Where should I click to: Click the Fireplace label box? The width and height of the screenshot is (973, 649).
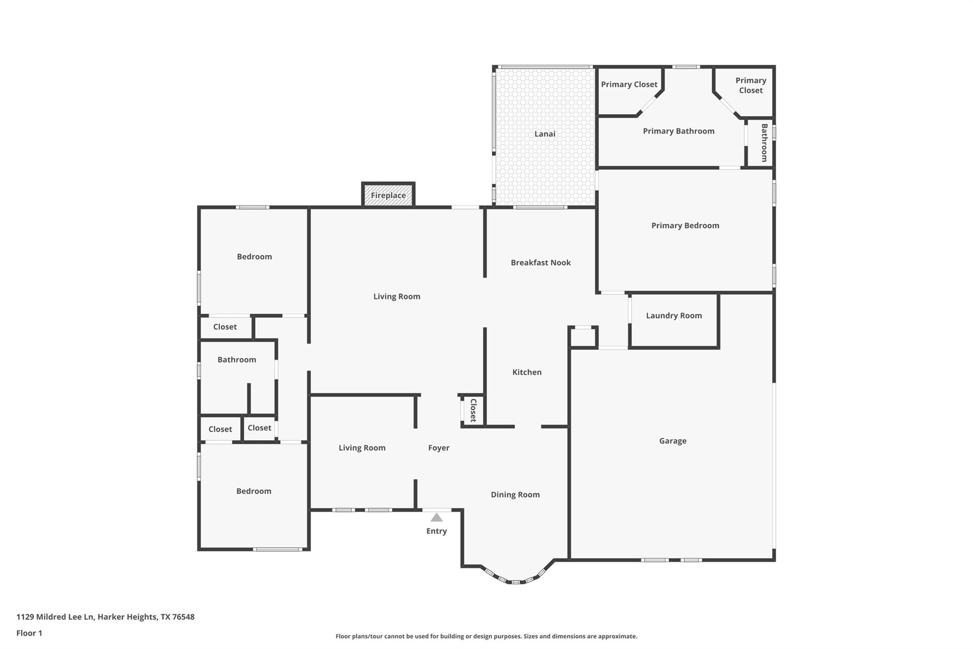(x=388, y=195)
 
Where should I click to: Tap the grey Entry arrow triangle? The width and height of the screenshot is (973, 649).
(x=437, y=517)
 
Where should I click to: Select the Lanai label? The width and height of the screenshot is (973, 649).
(x=544, y=134)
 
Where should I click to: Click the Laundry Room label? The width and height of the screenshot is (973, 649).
(x=674, y=316)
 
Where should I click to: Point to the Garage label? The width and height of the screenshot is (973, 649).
(x=672, y=441)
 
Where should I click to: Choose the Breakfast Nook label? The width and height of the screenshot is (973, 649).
(x=541, y=262)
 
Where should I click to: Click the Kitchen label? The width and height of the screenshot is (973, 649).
(x=526, y=372)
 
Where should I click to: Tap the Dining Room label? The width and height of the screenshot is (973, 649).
(x=515, y=494)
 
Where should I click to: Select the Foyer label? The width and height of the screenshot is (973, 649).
(x=439, y=448)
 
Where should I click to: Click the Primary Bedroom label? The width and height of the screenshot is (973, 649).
(x=685, y=225)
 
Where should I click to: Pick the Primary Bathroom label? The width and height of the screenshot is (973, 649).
(x=678, y=131)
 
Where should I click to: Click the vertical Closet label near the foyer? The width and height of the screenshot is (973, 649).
(x=473, y=410)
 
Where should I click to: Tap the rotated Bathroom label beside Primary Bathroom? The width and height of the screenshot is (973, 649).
(x=764, y=143)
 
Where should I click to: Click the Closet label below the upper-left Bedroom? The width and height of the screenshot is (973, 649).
(x=225, y=327)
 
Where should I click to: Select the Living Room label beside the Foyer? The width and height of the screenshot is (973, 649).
(x=362, y=448)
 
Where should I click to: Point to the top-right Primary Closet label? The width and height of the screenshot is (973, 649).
(x=750, y=85)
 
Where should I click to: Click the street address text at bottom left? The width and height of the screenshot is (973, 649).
(x=105, y=617)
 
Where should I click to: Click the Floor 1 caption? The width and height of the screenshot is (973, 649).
(x=29, y=633)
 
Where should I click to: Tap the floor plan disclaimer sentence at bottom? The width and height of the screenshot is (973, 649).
(x=486, y=636)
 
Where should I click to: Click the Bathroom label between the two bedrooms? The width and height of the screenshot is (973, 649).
(x=237, y=360)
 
